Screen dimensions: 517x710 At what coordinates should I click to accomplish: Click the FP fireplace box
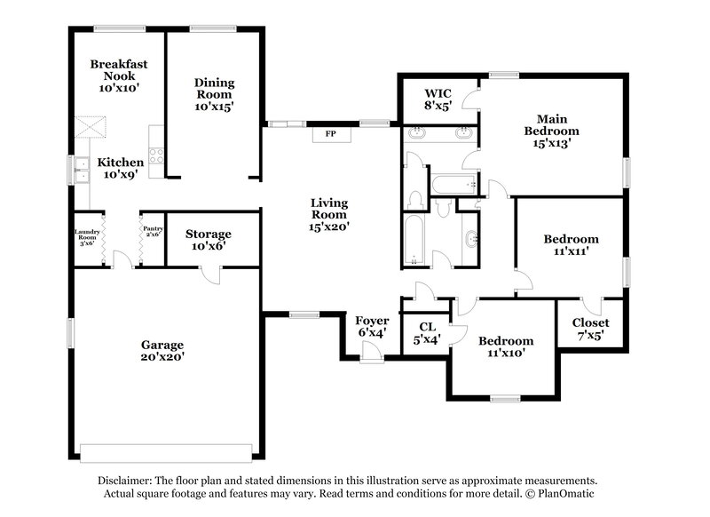(x=330, y=134)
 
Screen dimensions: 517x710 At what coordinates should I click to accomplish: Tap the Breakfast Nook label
(x=118, y=76)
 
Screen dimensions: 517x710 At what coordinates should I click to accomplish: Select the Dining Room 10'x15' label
(x=214, y=94)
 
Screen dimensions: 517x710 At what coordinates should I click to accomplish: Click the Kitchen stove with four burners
(x=156, y=155)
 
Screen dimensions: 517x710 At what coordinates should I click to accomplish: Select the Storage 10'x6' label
(x=209, y=240)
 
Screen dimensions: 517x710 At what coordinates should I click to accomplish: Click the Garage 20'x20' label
(x=162, y=351)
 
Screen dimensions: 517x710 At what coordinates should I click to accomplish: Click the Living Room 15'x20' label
(x=329, y=214)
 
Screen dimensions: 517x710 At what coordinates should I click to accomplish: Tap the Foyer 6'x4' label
(x=372, y=326)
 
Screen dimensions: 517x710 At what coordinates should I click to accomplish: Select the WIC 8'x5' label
(x=438, y=99)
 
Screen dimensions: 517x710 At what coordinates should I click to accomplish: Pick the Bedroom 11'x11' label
(x=571, y=245)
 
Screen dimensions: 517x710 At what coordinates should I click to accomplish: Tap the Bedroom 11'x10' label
(x=506, y=346)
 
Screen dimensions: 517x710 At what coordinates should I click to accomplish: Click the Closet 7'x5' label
(x=590, y=329)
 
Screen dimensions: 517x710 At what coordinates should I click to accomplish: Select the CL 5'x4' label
(x=426, y=331)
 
